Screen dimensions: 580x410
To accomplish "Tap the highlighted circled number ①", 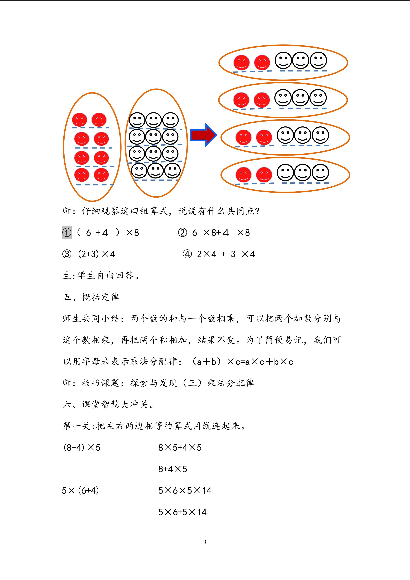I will (67, 232).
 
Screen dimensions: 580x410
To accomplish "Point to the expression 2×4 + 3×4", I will (226, 254).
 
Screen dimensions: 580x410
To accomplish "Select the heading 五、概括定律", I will (91, 297).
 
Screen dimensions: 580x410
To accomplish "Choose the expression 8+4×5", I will (173, 469).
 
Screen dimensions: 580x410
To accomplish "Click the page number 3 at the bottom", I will (205, 542).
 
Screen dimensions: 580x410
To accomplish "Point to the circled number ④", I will (187, 254).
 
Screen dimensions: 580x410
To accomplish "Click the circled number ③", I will (67, 254).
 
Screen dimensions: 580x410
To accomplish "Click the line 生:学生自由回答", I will (101, 275).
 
